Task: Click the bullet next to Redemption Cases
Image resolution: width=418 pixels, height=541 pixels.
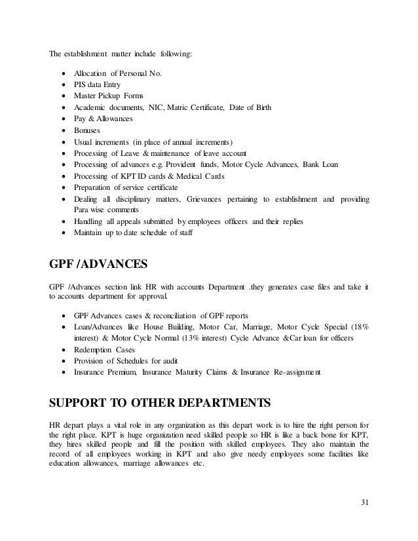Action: pyautogui.click(x=62, y=350)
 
